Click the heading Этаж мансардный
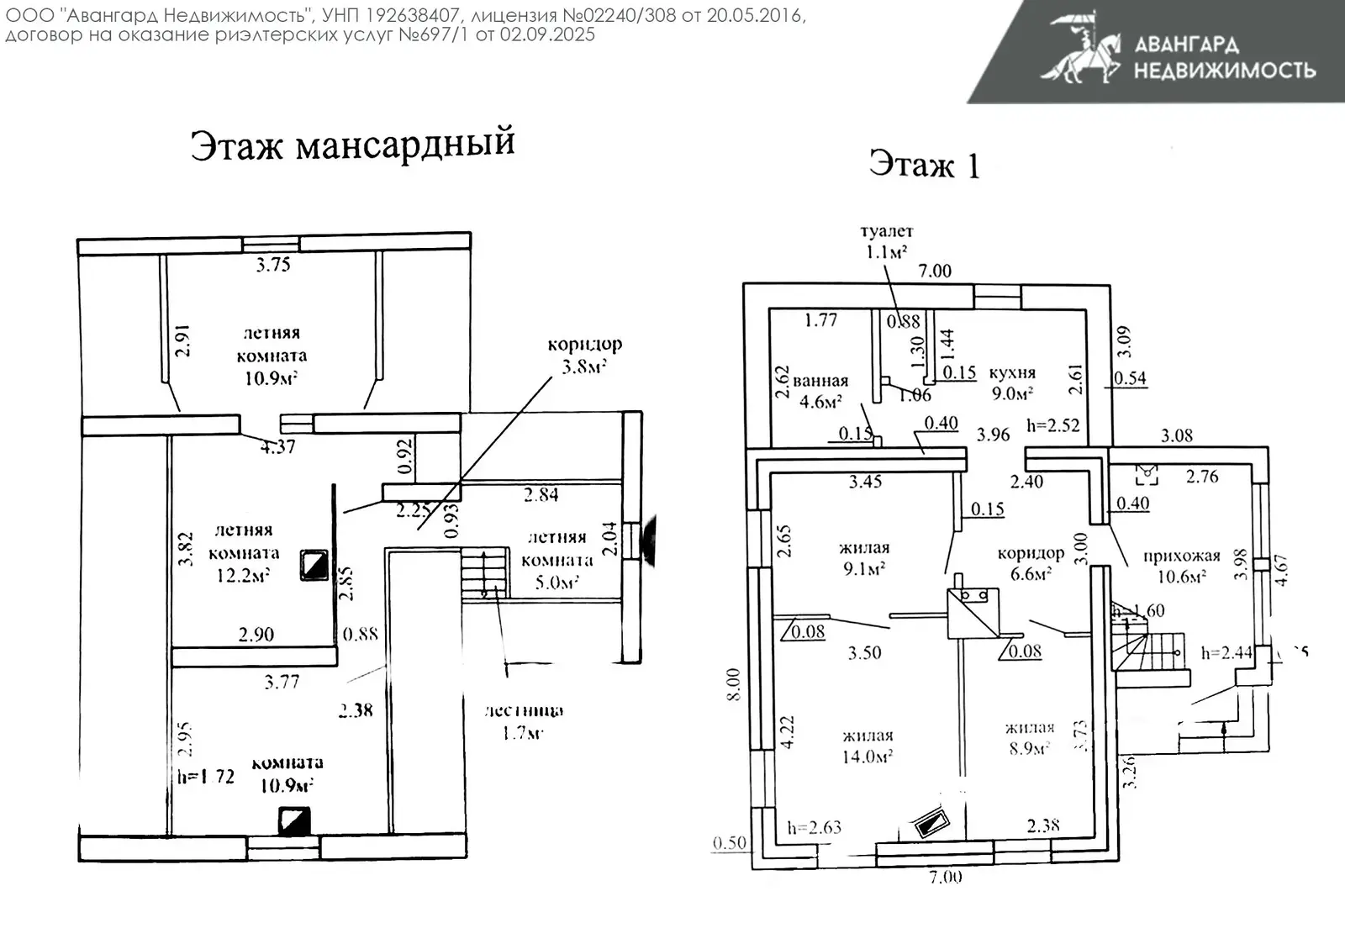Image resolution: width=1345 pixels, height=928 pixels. (352, 144)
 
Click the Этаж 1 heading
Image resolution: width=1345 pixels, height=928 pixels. (924, 165)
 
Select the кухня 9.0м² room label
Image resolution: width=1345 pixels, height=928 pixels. (1012, 382)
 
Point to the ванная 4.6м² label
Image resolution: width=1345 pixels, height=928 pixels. (820, 391)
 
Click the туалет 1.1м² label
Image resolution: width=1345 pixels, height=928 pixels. (887, 241)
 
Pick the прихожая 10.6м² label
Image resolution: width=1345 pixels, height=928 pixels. (1181, 566)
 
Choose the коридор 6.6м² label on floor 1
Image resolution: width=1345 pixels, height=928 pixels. (1031, 563)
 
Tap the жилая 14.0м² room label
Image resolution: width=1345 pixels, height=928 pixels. (868, 746)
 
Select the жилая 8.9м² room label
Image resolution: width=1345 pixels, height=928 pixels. (1029, 737)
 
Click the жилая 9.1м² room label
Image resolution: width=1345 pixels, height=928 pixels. (864, 558)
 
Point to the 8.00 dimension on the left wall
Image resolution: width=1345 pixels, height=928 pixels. (733, 684)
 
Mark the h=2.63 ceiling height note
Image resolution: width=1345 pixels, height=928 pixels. (814, 828)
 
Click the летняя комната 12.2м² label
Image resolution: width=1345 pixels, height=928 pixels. (243, 552)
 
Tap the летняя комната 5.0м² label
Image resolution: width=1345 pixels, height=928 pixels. (556, 560)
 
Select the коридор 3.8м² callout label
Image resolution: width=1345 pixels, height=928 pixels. (584, 355)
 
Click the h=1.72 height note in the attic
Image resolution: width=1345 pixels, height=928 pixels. (206, 777)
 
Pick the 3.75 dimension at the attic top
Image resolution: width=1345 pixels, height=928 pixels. (273, 265)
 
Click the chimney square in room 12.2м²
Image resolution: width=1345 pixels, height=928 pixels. (316, 565)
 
